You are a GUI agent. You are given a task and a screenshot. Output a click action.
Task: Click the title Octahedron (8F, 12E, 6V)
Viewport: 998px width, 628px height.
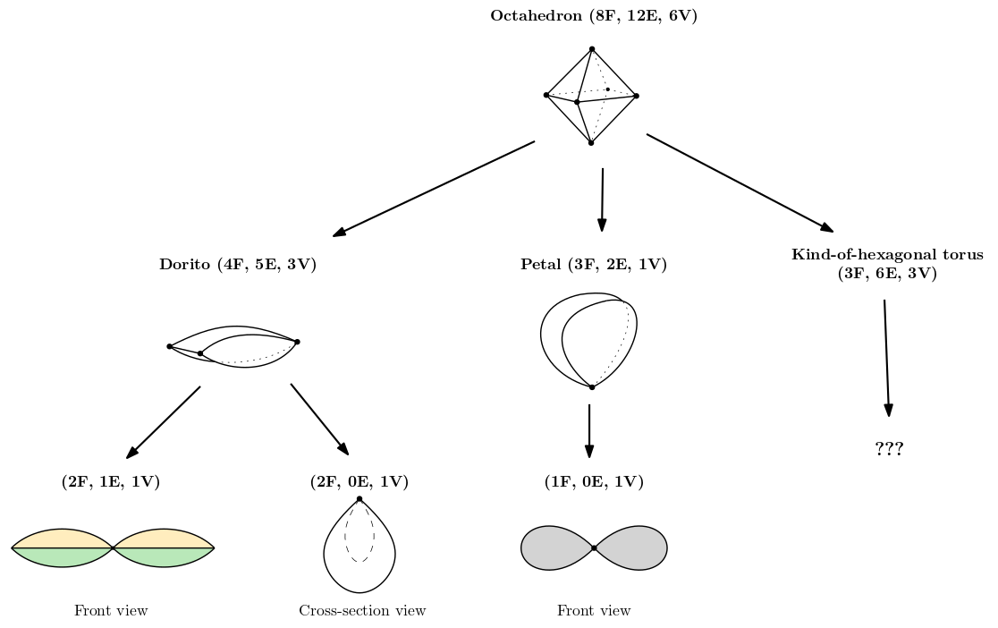pyautogui.click(x=593, y=16)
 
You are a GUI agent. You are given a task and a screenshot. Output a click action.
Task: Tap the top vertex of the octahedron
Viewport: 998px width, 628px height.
pyautogui.click(x=592, y=49)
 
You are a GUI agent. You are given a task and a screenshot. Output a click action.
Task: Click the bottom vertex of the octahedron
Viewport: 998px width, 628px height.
pyautogui.click(x=591, y=143)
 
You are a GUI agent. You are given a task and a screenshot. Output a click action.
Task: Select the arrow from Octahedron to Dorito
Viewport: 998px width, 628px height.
pyautogui.click(x=434, y=189)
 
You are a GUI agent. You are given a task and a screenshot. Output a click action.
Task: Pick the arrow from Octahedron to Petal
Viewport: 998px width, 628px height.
pyautogui.click(x=602, y=199)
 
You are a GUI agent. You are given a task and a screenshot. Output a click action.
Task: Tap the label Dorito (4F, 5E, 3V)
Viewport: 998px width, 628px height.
pyautogui.click(x=238, y=264)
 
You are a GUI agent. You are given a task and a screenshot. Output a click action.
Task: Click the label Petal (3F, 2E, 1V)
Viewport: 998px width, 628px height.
pyautogui.click(x=594, y=264)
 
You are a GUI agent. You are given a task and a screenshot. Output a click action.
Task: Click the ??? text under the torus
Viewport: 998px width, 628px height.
pyautogui.click(x=889, y=449)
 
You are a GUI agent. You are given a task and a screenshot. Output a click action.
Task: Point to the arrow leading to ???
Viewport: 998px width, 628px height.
pyautogui.click(x=886, y=358)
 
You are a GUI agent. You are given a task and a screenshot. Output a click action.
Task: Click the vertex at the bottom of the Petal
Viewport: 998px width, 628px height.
pyautogui.click(x=592, y=387)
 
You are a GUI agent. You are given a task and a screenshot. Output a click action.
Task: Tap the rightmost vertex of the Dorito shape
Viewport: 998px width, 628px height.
pyautogui.click(x=297, y=342)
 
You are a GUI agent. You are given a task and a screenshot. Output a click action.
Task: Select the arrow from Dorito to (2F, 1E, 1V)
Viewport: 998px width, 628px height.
pyautogui.click(x=164, y=422)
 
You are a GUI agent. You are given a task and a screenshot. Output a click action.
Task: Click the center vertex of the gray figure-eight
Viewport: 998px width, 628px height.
pyautogui.click(x=594, y=547)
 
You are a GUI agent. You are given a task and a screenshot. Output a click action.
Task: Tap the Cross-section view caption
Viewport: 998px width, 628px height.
pyautogui.click(x=362, y=611)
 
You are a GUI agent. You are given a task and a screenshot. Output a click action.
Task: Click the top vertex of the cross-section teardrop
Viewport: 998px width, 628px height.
pyautogui.click(x=359, y=499)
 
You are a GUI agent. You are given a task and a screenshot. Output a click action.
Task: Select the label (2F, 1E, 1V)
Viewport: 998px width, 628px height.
pyautogui.click(x=111, y=482)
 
